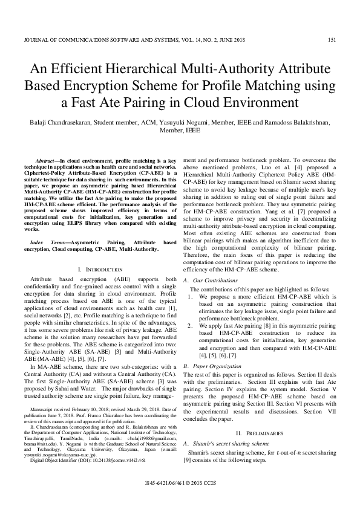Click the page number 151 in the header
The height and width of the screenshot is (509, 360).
click(x=332, y=40)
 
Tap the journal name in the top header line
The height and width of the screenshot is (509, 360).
click(x=133, y=40)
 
